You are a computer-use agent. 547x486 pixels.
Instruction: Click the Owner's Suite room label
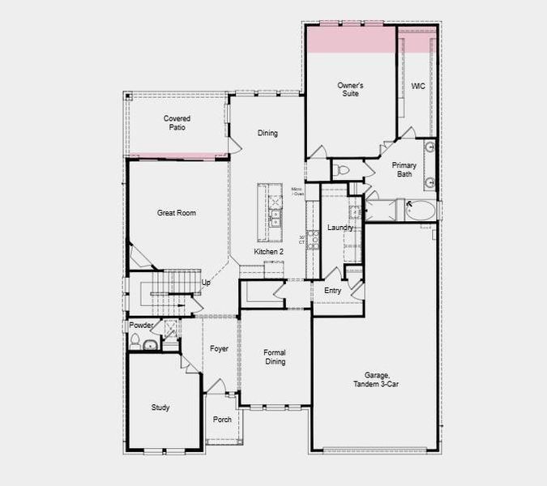350,89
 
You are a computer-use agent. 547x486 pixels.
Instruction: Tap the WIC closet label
418,86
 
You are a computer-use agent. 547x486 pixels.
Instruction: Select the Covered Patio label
177,123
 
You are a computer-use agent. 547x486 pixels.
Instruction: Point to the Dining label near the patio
267,134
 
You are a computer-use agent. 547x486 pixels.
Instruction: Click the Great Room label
177,214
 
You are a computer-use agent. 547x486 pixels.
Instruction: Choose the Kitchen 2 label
269,252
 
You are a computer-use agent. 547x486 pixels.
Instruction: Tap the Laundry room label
340,228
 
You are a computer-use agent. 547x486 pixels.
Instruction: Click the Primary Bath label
405,169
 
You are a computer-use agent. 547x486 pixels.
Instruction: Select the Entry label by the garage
333,291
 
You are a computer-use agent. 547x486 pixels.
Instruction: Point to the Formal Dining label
276,357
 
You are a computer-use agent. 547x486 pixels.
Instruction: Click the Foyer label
219,349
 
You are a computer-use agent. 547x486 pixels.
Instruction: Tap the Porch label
222,420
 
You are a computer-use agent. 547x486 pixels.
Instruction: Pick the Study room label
160,407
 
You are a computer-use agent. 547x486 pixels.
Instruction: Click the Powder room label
141,326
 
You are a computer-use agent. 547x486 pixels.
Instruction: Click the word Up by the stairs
206,283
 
